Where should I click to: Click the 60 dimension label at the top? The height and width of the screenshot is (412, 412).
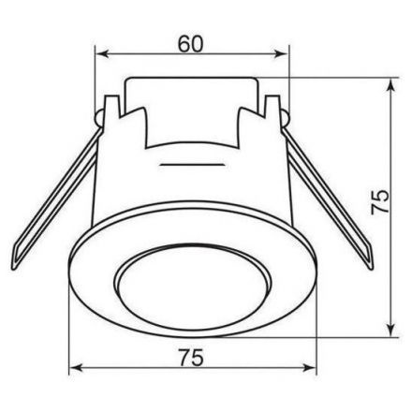click(x=190, y=44)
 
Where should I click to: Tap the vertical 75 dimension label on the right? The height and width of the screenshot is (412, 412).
click(x=380, y=201)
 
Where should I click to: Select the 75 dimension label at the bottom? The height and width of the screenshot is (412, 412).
click(x=191, y=358)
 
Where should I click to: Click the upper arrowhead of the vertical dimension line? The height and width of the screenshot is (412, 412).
click(x=390, y=85)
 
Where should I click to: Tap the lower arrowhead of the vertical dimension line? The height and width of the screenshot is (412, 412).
click(x=390, y=330)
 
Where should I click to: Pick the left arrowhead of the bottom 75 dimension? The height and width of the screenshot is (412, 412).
click(x=76, y=368)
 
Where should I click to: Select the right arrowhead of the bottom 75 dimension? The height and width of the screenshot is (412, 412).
click(x=309, y=368)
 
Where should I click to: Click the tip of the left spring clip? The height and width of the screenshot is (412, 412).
click(x=13, y=269)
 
